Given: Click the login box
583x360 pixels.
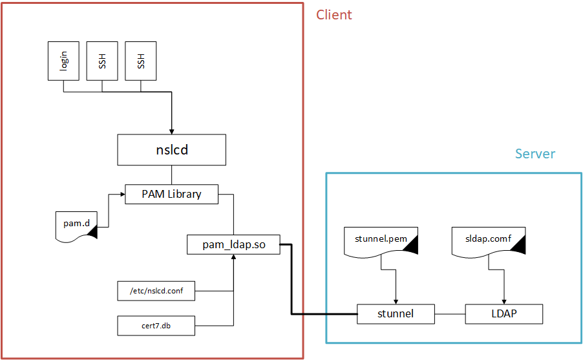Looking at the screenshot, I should pos(63,61).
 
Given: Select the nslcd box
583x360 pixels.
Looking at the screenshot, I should pos(171,151).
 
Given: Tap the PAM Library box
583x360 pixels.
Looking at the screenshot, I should pos(171,194).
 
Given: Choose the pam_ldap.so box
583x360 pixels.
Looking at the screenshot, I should pos(233,244).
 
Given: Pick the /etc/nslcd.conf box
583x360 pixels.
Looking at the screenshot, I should pos(156,291).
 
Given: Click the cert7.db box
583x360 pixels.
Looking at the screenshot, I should pos(156,326).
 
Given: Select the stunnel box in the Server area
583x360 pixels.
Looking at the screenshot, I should pos(396,315).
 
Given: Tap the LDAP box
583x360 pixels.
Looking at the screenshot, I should pos(503,315).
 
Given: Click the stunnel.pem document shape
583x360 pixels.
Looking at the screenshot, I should pos(381,242).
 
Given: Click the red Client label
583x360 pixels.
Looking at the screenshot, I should pos(334,15).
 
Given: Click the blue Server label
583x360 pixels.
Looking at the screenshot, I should pos(535,154).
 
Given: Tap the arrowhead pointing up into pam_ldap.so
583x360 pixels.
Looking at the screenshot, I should pos(233,258).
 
